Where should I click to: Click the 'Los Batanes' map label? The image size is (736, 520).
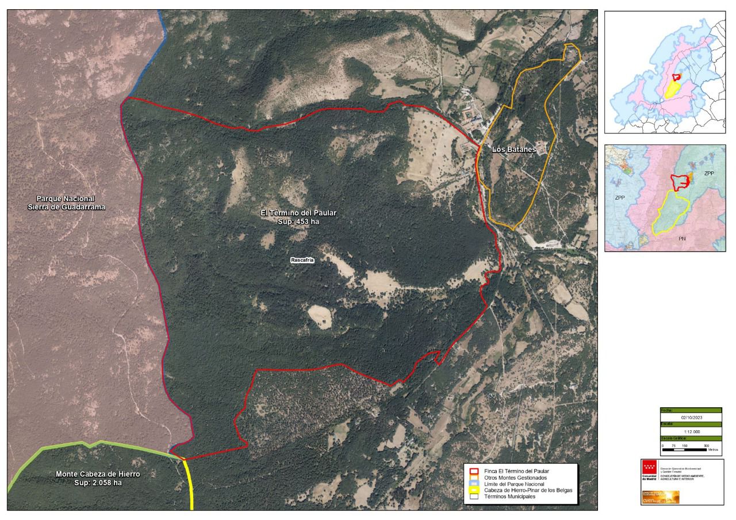coord(513,150)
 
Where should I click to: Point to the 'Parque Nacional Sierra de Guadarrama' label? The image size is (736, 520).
coord(67,202)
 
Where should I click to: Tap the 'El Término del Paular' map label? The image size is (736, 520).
coord(298,213)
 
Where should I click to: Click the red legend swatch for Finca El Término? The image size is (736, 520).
coord(474,471)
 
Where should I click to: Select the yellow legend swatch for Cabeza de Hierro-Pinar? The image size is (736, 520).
coord(474,490)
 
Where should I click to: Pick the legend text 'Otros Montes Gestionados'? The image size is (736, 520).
coord(515,477)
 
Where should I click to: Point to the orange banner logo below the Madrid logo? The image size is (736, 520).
coord(660,497)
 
